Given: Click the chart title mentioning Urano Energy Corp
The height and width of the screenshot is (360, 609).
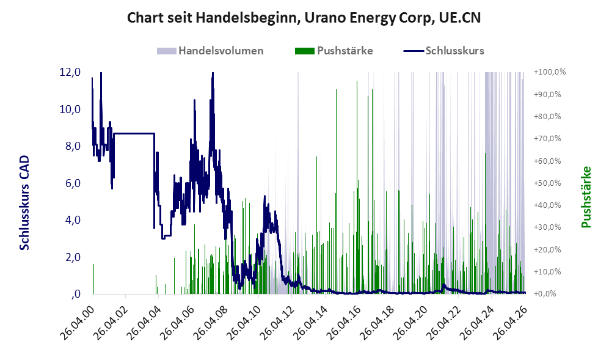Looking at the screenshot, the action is (304, 18).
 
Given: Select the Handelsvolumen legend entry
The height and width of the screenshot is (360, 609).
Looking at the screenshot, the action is (210, 51).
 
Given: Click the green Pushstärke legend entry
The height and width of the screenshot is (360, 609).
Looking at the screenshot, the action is (334, 51).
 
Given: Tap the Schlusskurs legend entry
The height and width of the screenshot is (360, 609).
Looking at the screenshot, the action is (443, 51).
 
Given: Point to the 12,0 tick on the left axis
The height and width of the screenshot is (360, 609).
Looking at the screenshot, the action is (70, 72).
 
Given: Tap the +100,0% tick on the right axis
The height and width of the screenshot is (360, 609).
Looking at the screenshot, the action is (550, 72).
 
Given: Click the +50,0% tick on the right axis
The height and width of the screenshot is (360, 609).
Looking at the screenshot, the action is (548, 183).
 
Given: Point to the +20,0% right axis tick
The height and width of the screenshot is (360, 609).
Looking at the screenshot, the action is (548, 249).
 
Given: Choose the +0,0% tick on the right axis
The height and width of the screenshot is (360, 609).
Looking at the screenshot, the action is (545, 293).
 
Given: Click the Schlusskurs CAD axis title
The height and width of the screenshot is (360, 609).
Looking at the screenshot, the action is (24, 202).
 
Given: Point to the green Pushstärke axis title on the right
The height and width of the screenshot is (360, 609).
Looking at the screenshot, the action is (586, 197).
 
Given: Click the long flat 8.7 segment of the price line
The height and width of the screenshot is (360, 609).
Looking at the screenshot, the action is (134, 133).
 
